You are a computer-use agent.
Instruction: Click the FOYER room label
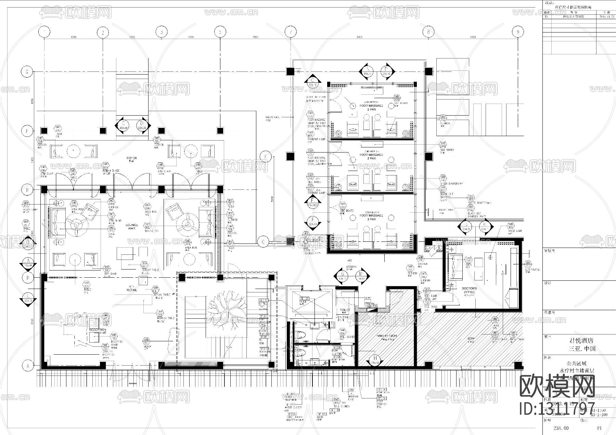tap(131, 158)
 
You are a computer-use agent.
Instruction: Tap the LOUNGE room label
tap(131, 225)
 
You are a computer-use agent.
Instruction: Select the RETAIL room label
tap(132, 290)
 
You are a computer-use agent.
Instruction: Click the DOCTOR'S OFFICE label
tap(469, 290)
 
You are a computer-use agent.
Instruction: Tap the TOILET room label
tap(345, 311)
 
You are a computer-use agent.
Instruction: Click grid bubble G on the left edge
tap(27, 72)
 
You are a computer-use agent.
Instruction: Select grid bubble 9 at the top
tap(517, 32)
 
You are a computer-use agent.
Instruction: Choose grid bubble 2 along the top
tap(102, 32)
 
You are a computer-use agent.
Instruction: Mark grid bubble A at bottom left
tap(27, 365)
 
